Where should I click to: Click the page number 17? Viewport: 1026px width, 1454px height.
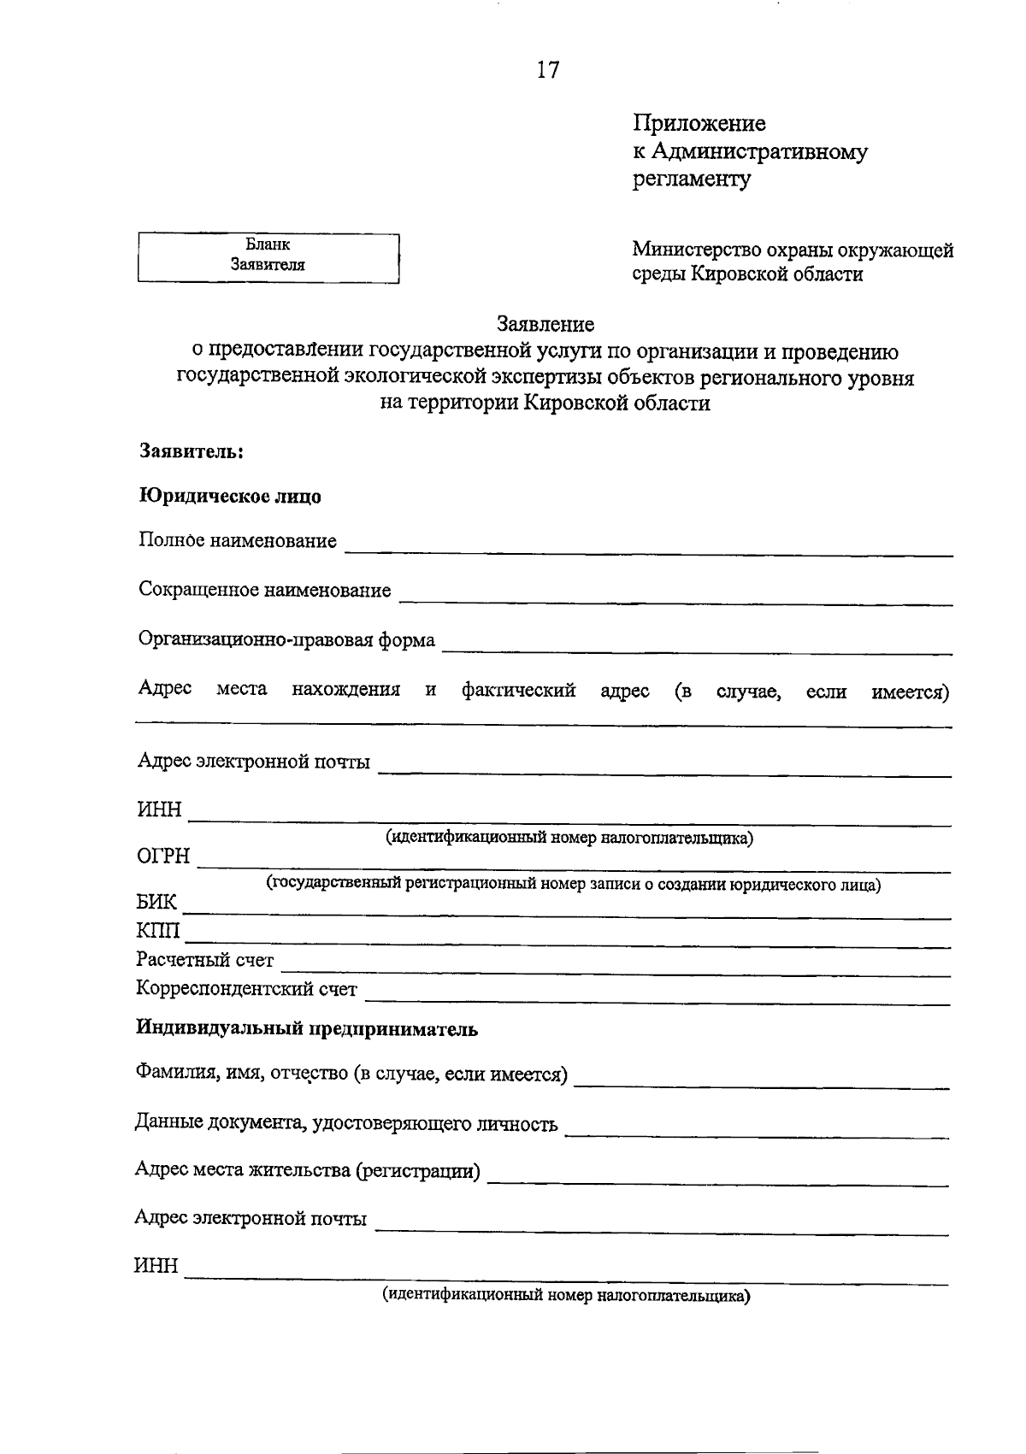tap(548, 70)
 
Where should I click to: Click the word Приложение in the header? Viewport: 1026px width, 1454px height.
tap(699, 124)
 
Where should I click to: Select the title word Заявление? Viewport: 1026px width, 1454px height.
tap(545, 324)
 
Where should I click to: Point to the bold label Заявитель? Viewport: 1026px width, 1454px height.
tap(192, 450)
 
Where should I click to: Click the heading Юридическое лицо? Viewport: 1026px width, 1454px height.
tap(230, 496)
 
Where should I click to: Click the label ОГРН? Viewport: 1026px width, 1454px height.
tap(164, 857)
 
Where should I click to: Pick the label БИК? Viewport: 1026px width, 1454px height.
tap(157, 903)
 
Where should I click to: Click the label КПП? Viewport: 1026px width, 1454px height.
tap(159, 931)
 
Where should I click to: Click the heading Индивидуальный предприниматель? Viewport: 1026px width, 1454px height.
tap(307, 1029)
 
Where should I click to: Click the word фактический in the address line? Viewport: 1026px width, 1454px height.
tap(518, 691)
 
